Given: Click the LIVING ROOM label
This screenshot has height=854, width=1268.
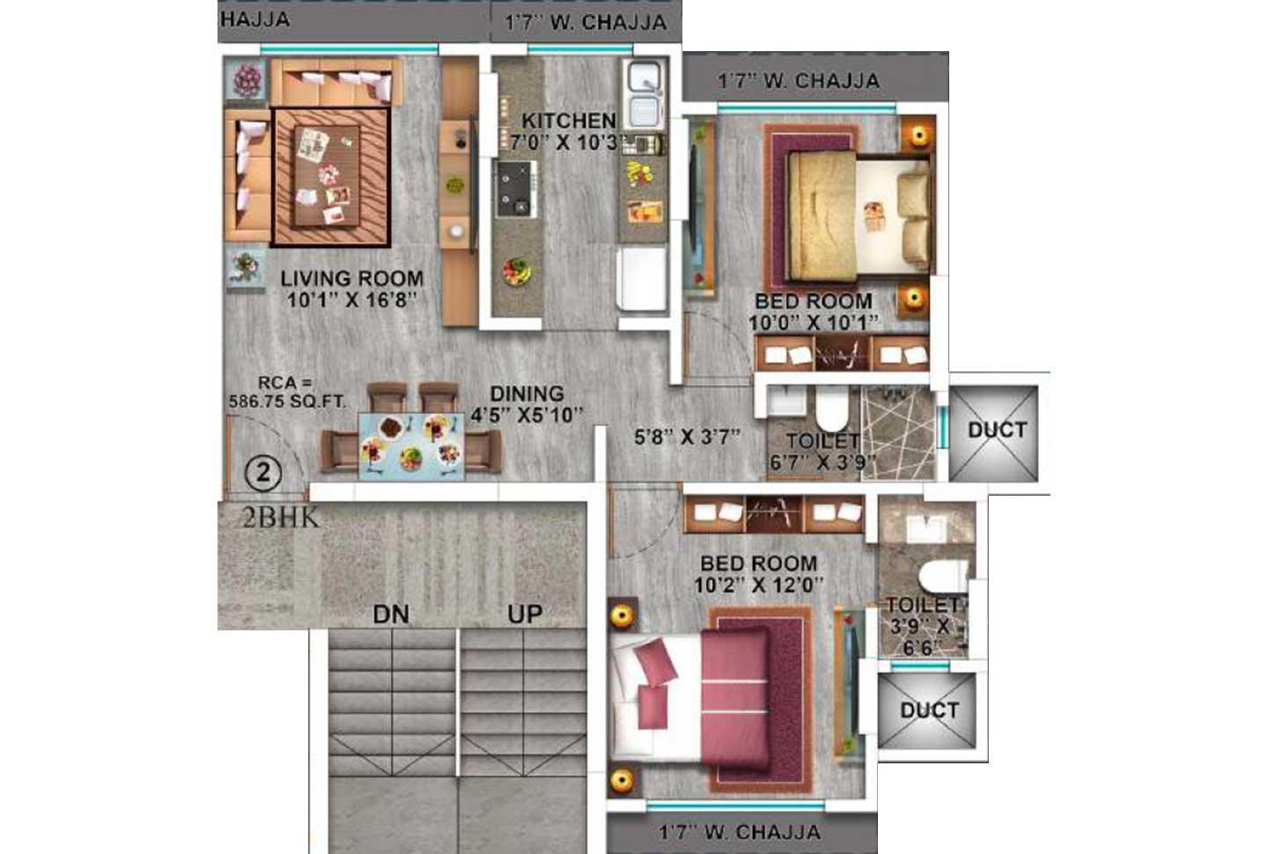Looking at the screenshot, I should tap(351, 279).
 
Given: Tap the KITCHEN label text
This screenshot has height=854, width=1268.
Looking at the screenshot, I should tap(568, 121).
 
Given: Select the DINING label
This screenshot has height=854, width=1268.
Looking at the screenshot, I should tap(527, 394).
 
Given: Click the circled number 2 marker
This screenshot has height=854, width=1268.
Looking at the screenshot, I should tap(262, 473).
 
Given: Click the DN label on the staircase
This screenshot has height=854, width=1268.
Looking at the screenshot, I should tap(390, 614).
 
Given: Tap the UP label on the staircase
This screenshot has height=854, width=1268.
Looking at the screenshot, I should tap(525, 614).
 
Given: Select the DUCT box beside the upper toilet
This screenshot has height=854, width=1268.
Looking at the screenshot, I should tap(997, 431).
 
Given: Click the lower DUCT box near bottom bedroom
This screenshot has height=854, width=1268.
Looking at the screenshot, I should tap(929, 710).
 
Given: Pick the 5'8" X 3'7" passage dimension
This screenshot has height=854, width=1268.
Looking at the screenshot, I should tap(687, 436).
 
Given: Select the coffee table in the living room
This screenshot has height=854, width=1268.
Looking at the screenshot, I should tap(328, 176).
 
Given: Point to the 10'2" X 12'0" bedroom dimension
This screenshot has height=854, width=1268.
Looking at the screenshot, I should tap(758, 585).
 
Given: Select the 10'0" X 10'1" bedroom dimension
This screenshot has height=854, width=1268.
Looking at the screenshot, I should tap(813, 323).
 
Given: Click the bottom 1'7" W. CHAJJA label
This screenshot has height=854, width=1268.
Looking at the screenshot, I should tap(740, 832).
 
